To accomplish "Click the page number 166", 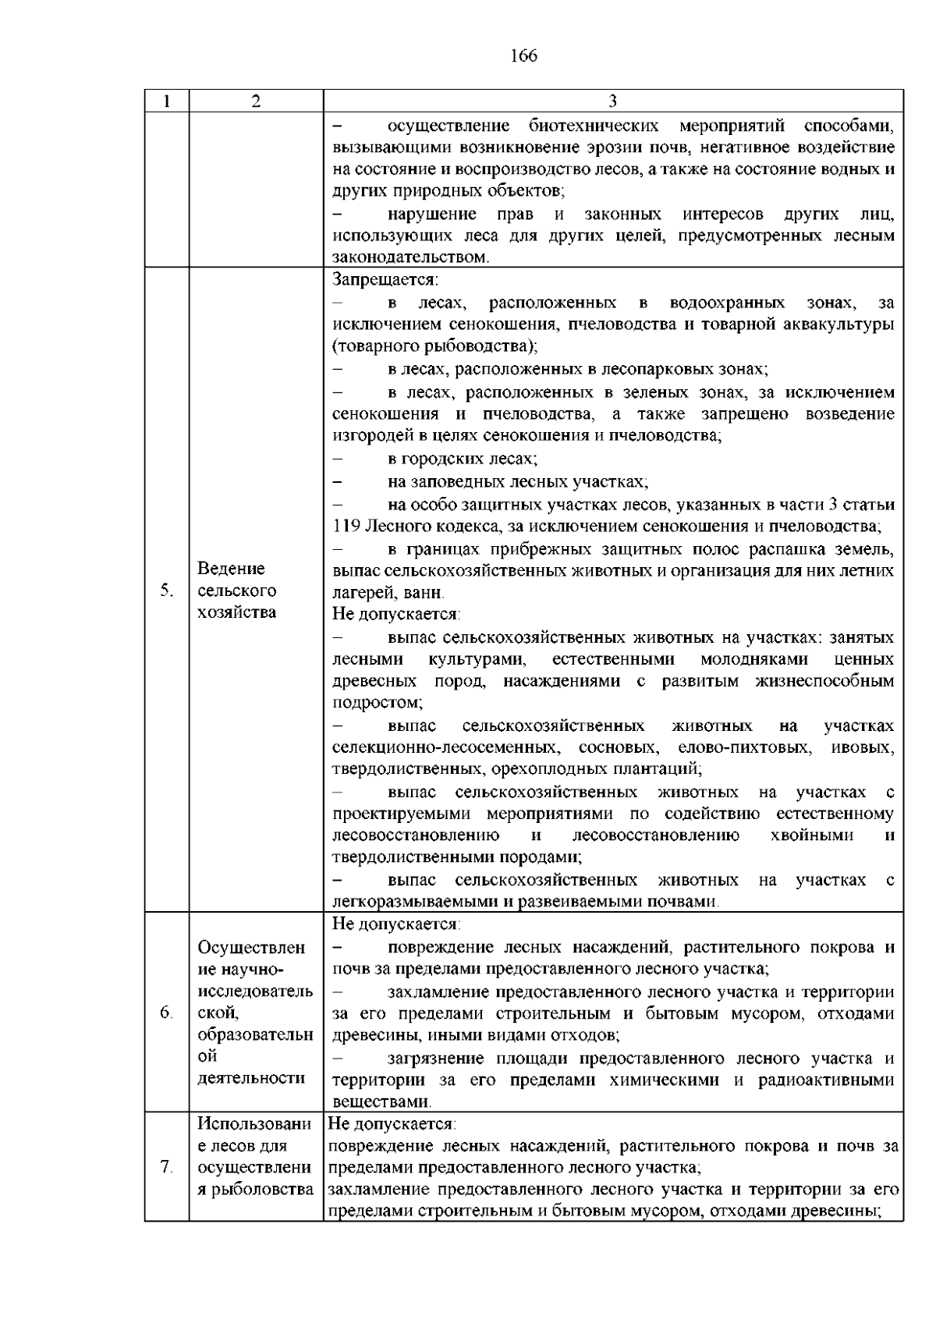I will pyautogui.click(x=524, y=55).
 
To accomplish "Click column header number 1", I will pyautogui.click(x=166, y=101).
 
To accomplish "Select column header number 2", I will pyautogui.click(x=256, y=101).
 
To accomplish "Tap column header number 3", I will pyautogui.click(x=612, y=101).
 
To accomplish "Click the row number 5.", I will pyautogui.click(x=165, y=591).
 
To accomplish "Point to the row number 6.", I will pyautogui.click(x=165, y=1013).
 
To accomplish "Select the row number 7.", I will pyautogui.click(x=165, y=1168).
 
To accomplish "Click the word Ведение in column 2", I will pyautogui.click(x=232, y=569).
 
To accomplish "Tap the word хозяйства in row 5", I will pyautogui.click(x=237, y=612).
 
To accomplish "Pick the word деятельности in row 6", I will pyautogui.click(x=251, y=1078).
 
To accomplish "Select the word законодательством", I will pyautogui.click(x=410, y=257).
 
